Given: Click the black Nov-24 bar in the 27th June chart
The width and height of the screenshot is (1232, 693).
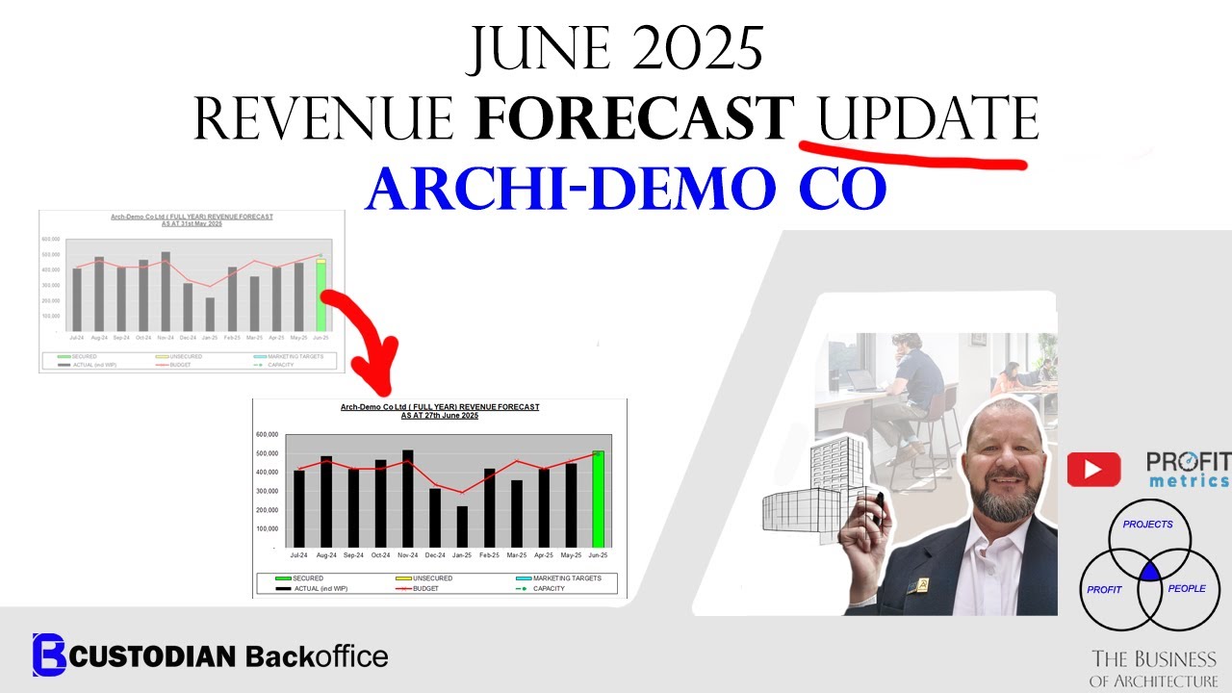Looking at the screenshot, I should [x=408, y=499].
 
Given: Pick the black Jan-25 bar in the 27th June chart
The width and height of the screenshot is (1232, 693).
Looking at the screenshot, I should [x=462, y=526].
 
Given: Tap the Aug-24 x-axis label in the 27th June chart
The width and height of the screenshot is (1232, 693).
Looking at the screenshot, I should [x=326, y=555].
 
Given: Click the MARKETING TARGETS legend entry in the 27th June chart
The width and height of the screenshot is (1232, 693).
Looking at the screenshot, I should [x=559, y=577].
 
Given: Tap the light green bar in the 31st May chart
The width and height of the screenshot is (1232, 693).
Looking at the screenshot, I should [x=321, y=295].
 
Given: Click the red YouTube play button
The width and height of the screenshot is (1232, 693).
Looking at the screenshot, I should [x=1093, y=469].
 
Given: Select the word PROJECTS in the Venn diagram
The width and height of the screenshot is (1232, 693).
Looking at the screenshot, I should [x=1148, y=525].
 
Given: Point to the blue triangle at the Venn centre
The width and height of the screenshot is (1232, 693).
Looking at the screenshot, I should [x=1150, y=573].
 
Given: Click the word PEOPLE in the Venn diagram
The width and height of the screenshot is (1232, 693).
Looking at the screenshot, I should [x=1186, y=588].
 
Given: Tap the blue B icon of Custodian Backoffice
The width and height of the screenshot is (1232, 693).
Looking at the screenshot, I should [x=49, y=655].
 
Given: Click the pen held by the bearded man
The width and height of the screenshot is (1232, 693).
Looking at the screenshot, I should [x=878, y=508].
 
